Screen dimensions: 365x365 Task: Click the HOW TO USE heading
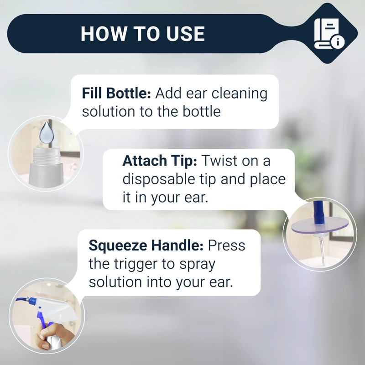point(142,34)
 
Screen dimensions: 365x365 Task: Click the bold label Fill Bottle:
point(116,94)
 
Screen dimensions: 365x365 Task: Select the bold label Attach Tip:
point(159,161)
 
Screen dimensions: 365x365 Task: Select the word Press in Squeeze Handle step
point(226,245)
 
